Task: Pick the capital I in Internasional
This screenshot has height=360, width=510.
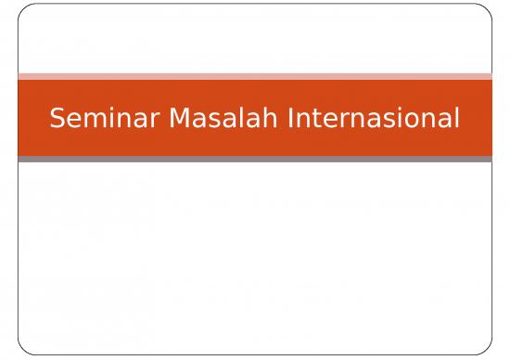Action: (290, 119)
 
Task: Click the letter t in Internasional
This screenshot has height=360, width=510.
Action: (312, 119)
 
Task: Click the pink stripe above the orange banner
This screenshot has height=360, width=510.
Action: (255, 76)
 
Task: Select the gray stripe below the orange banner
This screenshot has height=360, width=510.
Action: (255, 160)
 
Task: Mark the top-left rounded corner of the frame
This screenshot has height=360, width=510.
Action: (22, 9)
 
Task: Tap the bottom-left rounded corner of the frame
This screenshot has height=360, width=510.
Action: (22, 351)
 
